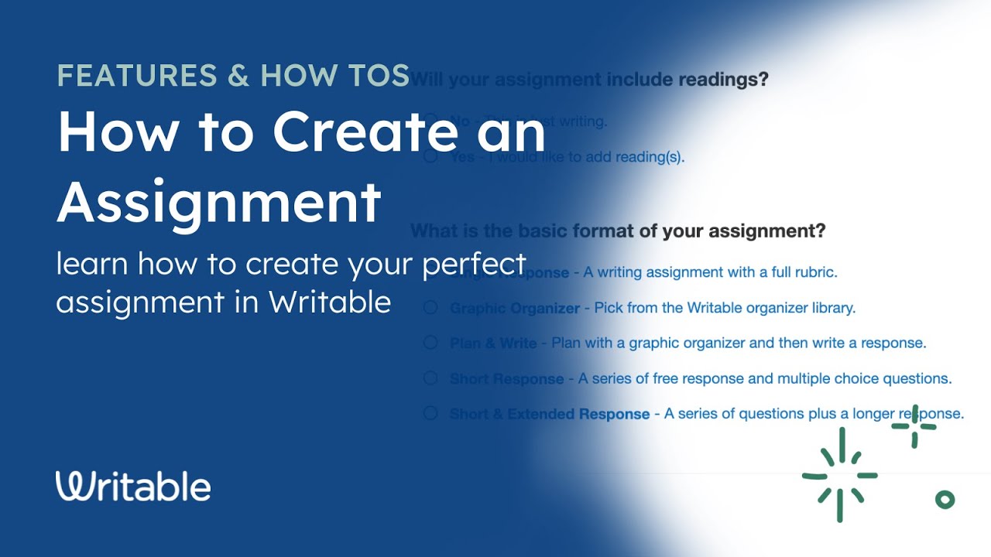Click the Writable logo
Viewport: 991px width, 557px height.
(x=133, y=486)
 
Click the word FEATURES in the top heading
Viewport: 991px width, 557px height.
(x=136, y=75)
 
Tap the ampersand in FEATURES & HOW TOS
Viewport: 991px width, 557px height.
(x=238, y=75)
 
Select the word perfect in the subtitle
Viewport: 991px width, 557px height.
(x=474, y=265)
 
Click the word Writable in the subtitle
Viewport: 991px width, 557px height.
(x=330, y=302)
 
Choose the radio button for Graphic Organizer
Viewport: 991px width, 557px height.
(x=430, y=308)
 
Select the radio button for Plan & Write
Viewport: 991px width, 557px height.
(x=430, y=343)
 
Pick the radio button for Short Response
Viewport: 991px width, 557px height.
(x=430, y=378)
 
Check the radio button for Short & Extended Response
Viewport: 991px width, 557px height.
(x=430, y=413)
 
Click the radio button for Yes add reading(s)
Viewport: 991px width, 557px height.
(x=430, y=157)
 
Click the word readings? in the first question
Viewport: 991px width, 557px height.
(x=723, y=79)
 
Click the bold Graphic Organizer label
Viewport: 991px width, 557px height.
(x=514, y=308)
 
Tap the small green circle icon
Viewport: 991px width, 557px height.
(x=945, y=500)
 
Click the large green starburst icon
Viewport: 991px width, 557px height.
(x=840, y=475)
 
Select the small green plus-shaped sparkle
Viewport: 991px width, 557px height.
(x=914, y=426)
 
